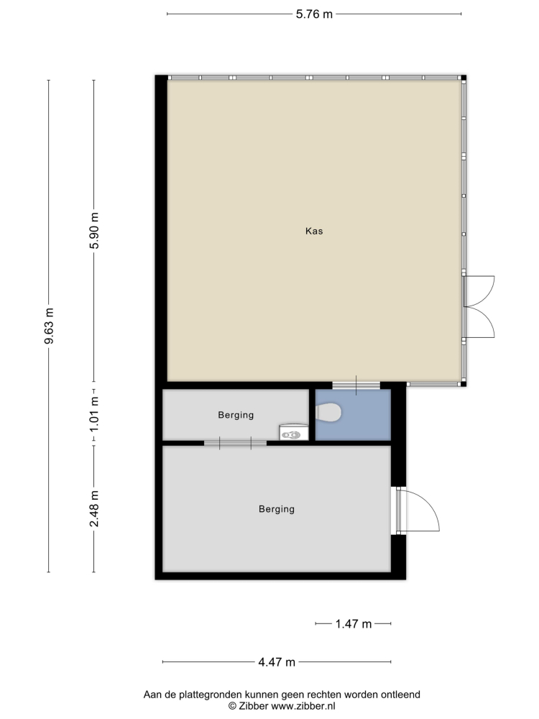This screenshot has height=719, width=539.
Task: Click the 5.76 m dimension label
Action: tap(314, 14)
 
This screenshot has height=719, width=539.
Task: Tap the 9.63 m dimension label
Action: tap(49, 326)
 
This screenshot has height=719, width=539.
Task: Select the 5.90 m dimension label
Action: tap(94, 231)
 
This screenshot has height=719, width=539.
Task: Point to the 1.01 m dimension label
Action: tap(94, 414)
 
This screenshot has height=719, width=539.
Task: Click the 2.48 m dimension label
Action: tap(94, 508)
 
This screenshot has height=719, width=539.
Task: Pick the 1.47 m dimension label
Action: tap(354, 624)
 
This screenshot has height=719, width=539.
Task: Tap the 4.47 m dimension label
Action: tap(277, 662)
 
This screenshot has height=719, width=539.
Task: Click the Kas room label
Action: tap(314, 231)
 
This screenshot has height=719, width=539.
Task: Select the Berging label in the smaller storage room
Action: tap(236, 416)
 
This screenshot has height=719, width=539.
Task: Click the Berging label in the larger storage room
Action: tap(277, 510)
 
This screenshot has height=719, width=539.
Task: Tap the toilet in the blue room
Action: tap(328, 413)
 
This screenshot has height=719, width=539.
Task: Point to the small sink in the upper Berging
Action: tap(293, 432)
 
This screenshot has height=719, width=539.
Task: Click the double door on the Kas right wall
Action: tap(479, 307)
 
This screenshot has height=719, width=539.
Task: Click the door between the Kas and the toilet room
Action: tap(356, 385)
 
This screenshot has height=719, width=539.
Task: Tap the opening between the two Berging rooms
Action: tap(235, 444)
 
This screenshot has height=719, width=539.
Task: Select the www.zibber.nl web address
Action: tap(303, 706)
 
